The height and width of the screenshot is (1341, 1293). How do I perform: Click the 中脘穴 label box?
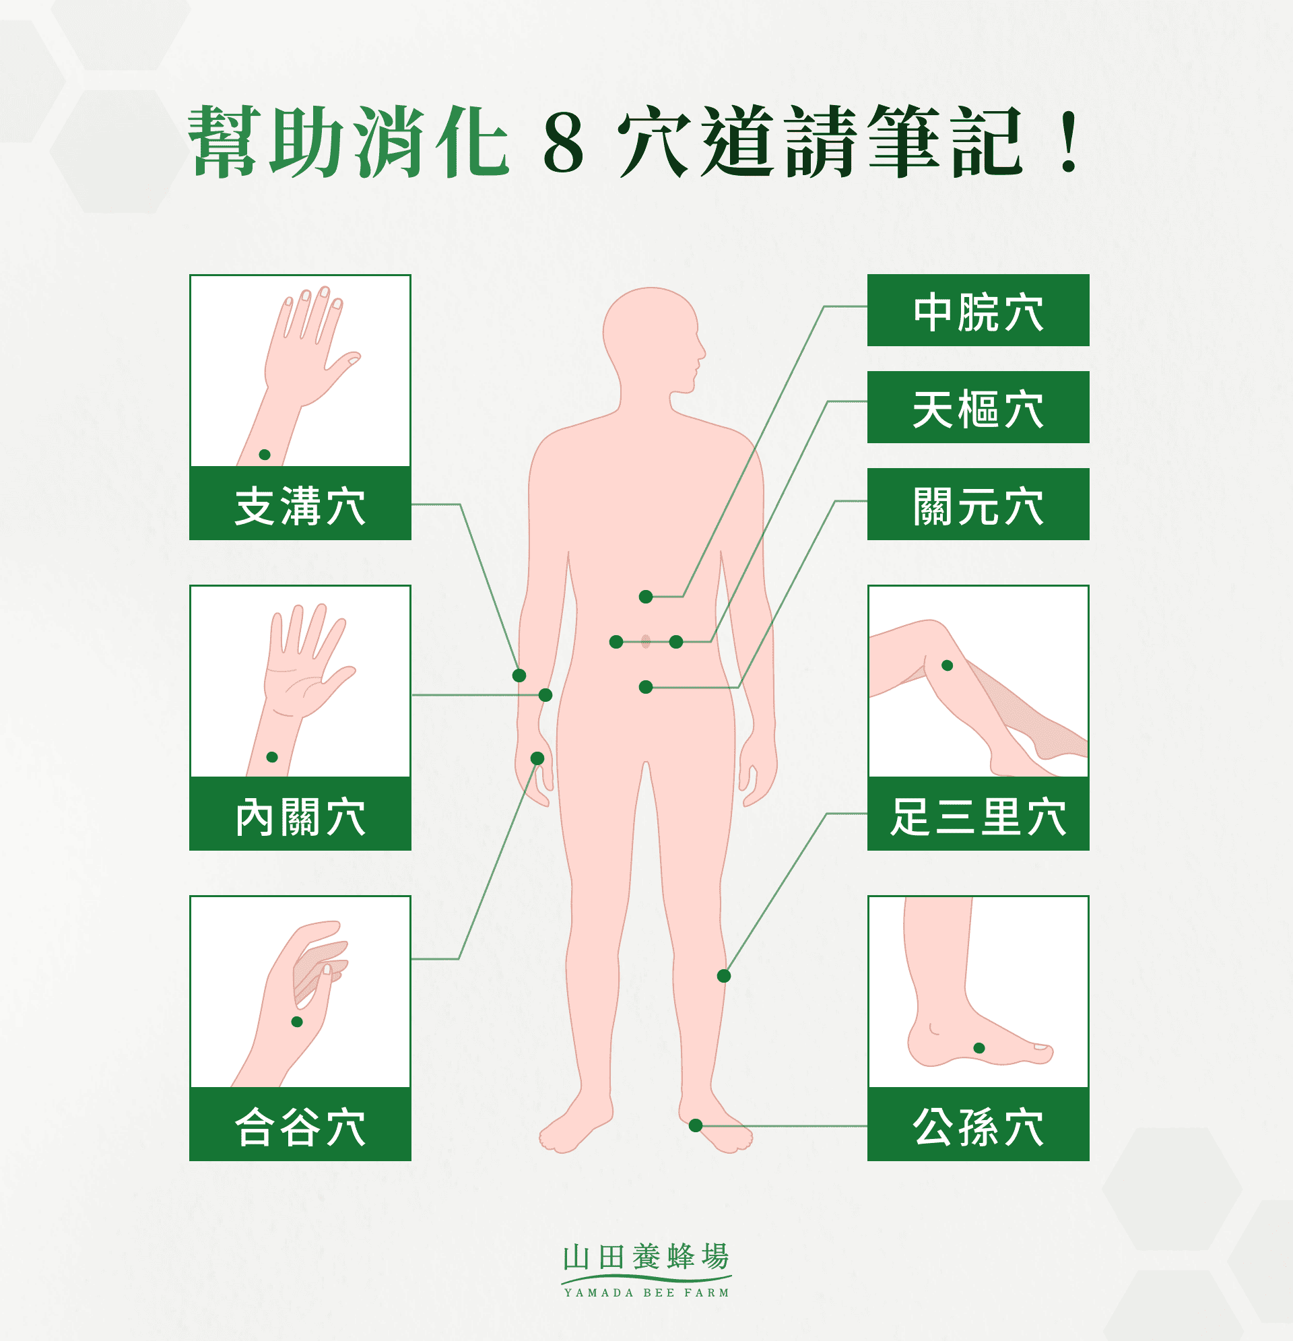(978, 310)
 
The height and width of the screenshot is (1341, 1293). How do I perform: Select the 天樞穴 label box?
(978, 407)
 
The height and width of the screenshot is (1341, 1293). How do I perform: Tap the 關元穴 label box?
(978, 505)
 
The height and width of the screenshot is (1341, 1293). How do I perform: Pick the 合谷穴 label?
(300, 1125)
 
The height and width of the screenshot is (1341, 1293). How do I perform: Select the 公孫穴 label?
(978, 1125)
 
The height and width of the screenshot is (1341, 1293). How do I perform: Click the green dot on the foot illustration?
(979, 1048)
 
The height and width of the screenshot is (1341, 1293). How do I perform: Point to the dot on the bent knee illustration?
(948, 665)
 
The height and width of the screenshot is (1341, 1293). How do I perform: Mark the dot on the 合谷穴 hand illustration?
(297, 1022)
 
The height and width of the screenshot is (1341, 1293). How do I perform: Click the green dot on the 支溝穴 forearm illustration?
(265, 455)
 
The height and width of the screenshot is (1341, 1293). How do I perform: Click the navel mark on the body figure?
(646, 642)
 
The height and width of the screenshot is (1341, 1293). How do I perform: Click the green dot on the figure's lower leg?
(724, 977)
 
